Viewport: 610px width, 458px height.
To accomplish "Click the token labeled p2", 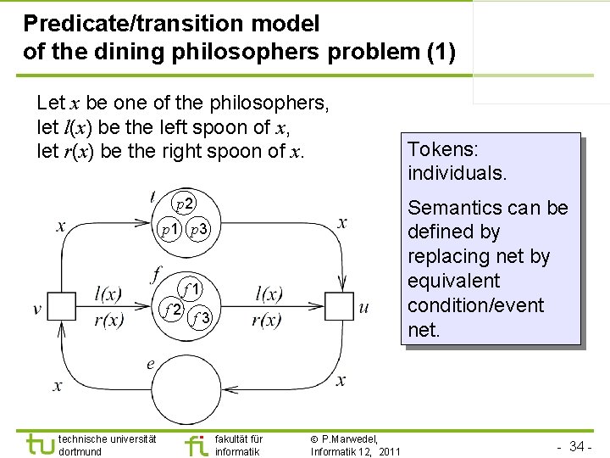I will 185,204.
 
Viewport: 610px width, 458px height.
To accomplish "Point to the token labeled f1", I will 191,288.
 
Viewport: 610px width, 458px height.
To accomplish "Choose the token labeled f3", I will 202,318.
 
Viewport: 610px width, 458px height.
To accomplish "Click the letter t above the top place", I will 151,196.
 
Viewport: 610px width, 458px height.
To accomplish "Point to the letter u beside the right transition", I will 364,307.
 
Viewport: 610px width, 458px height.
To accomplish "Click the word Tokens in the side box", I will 443,149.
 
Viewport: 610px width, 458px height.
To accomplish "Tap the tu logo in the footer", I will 38,444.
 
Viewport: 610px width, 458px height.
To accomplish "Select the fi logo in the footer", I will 196,444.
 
